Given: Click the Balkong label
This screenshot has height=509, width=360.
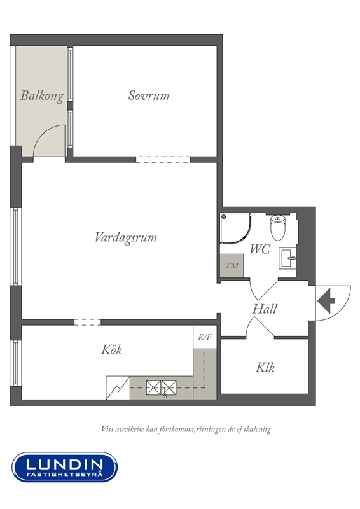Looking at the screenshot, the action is tap(42, 96).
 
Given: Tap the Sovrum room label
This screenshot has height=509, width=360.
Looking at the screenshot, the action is tap(149, 95).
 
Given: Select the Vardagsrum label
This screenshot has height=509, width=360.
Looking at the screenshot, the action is tap(126, 237).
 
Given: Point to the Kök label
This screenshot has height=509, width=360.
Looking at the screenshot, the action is tap(112, 349).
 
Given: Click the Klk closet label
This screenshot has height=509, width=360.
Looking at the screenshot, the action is tap(265, 367).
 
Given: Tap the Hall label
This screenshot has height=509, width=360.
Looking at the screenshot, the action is tap(265, 309).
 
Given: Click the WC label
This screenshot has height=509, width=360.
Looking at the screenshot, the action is tap(260, 249).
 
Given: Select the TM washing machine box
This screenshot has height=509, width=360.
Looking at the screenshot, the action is tap(232, 265).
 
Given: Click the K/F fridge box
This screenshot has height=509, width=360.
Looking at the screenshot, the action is tap(205, 337).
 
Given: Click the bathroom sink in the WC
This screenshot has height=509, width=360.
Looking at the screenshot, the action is tap(287, 258).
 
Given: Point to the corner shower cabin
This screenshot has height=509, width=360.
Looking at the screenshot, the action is tap(235, 228).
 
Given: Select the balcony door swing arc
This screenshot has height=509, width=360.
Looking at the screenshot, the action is tap(45, 132).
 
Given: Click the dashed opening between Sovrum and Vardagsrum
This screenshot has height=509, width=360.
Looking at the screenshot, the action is tap(163, 160).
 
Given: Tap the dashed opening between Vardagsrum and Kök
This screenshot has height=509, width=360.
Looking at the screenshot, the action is tap(87, 322).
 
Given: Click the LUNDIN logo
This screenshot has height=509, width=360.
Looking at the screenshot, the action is tap(65, 467).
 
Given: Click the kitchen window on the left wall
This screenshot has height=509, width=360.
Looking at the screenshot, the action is tap(15, 363).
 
